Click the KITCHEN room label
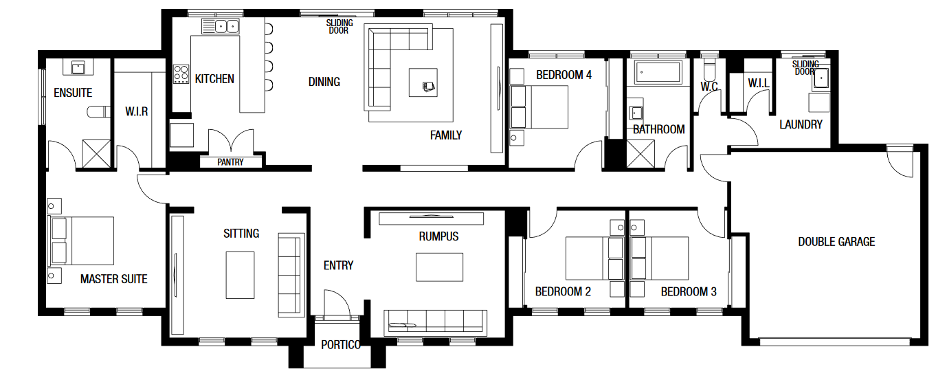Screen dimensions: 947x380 click(214, 79)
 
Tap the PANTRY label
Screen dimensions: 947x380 click(230, 162)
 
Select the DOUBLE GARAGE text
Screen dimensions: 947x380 click(836, 242)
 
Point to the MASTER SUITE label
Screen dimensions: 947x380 click(113, 279)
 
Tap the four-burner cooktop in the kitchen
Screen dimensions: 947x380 click(181, 74)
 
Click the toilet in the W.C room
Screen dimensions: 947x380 click(709, 69)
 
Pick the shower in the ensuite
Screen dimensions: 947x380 click(96, 154)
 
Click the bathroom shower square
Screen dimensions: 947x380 click(640, 154)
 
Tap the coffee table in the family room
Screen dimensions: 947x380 click(423, 82)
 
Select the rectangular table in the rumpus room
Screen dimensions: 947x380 click(439, 267)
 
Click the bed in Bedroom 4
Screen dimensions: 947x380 click(539, 107)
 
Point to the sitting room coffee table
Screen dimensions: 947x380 click(240, 275)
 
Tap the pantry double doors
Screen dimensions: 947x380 click(231, 141)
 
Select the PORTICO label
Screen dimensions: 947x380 click(341, 345)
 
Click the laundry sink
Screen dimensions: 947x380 click(821, 78)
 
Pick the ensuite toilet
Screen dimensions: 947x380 click(98, 111)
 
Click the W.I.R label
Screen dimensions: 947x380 click(137, 111)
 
